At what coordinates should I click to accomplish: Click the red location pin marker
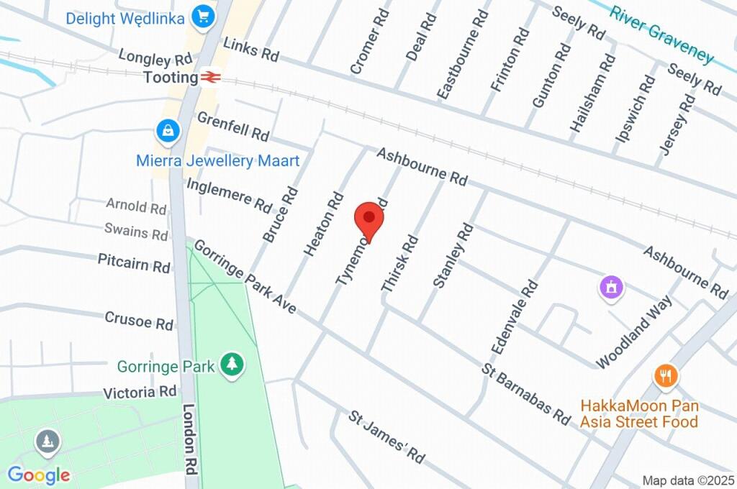(x=368, y=218)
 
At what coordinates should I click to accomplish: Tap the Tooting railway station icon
(x=210, y=76)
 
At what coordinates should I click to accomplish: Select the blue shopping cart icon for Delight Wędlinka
(x=204, y=16)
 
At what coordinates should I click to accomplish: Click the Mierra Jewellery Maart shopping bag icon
(x=167, y=131)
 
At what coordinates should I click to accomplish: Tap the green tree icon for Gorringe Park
(x=232, y=364)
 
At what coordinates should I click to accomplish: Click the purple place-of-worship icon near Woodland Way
(x=612, y=288)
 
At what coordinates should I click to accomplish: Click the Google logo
(x=39, y=475)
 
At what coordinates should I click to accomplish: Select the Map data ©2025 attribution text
(x=687, y=480)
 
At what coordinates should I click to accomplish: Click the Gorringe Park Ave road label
(x=245, y=276)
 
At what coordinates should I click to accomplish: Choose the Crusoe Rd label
(x=139, y=320)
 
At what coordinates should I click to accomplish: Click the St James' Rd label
(x=386, y=437)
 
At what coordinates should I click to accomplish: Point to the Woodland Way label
(x=633, y=331)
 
